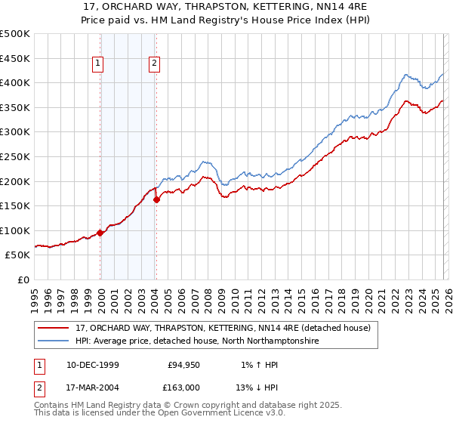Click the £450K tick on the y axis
click(15, 58)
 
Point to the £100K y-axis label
click(15, 230)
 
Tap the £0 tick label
click(23, 279)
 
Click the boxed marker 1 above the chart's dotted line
click(98, 64)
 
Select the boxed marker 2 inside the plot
click(154, 64)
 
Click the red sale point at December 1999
click(100, 233)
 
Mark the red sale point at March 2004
click(156, 199)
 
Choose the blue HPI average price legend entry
click(197, 341)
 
